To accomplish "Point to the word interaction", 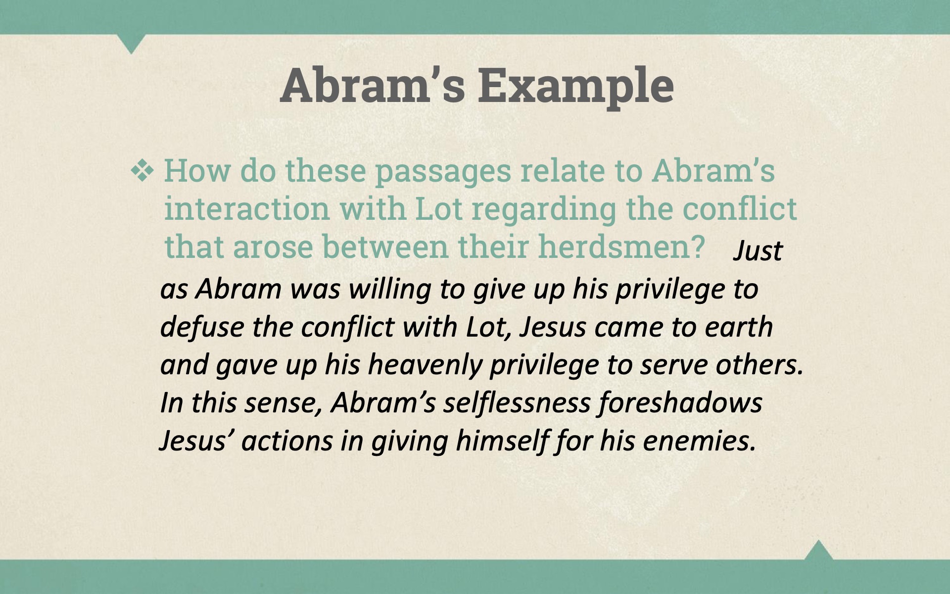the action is point(247,208).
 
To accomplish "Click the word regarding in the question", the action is point(544,209).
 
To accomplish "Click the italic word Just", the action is point(758,250).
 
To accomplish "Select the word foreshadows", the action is point(680,403).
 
